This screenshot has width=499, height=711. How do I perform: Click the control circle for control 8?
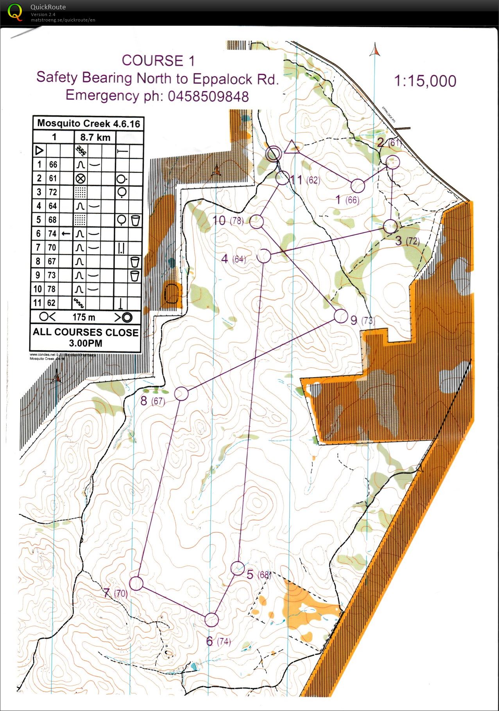point(181,394)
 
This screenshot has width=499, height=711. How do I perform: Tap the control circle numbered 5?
point(238,568)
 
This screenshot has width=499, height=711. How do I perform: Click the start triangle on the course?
point(292,147)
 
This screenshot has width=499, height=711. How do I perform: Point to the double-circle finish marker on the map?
point(273,154)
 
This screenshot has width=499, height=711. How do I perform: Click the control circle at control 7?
point(136,583)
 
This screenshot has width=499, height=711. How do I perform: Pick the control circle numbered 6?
point(211,620)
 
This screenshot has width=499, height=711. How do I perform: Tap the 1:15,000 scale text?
point(425,81)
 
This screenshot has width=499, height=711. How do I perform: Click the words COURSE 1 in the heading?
point(158,61)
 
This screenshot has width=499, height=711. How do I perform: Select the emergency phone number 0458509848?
point(208,96)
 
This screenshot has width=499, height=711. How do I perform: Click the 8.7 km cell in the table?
point(95,137)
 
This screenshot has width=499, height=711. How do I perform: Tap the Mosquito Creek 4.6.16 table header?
point(88,124)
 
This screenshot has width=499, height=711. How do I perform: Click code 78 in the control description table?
point(52,289)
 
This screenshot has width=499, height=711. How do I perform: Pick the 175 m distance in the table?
point(84,317)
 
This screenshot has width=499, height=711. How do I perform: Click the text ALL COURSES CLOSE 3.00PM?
point(86,338)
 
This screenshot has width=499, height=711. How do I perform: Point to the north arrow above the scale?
point(375,50)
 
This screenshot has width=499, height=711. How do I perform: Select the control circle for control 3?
point(390,226)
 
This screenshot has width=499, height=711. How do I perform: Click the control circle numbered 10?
point(256,222)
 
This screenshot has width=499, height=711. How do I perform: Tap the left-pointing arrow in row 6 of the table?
point(66,234)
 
